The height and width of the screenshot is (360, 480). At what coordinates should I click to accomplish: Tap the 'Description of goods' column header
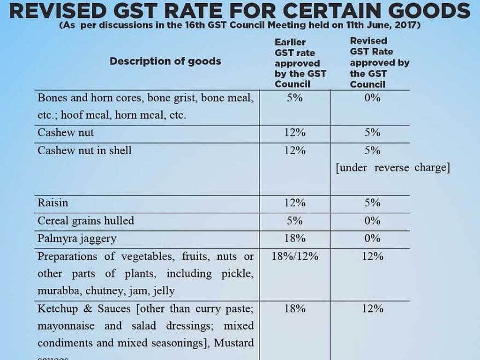point(165,61)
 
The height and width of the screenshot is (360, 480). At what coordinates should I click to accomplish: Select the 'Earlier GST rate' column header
point(300,63)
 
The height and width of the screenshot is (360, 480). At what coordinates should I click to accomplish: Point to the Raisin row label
point(52,203)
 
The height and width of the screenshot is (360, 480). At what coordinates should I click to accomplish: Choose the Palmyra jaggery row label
point(77,239)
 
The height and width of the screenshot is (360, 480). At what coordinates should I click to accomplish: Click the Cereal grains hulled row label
point(85,221)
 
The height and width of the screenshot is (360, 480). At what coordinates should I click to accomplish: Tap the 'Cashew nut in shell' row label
point(84,150)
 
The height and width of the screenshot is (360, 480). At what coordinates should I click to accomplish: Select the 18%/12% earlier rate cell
point(295,256)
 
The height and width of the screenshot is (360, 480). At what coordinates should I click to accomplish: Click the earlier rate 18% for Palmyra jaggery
point(295,239)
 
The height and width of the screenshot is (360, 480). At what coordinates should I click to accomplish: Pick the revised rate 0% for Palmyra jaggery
point(372,239)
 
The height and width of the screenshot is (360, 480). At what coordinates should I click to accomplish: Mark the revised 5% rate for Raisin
point(372,203)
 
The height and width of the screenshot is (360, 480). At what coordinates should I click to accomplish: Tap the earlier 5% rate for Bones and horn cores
point(295,98)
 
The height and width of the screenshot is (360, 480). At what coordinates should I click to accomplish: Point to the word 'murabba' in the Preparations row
point(60,291)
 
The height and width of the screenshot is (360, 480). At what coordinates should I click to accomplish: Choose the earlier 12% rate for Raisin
point(295,203)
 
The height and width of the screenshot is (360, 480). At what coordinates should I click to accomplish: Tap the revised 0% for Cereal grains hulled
point(372,221)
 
